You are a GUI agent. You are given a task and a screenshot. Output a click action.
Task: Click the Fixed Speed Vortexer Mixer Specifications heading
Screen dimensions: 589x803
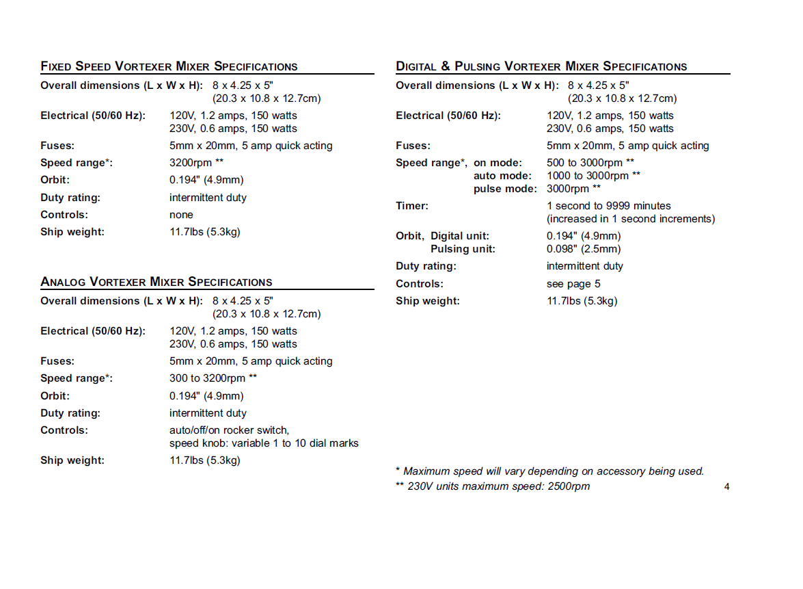(x=169, y=66)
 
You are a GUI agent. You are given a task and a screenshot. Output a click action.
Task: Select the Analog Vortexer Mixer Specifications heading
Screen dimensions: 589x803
(x=156, y=282)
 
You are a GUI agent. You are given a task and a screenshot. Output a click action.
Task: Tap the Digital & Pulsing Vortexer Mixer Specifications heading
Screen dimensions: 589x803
(x=541, y=66)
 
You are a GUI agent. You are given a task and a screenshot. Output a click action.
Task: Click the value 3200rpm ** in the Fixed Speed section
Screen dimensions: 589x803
(x=197, y=163)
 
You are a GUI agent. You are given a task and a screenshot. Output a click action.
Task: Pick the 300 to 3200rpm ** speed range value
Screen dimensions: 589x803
(x=213, y=378)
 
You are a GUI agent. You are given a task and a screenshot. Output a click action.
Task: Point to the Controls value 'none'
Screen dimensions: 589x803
(x=181, y=215)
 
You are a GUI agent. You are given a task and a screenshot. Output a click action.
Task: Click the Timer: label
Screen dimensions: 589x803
(x=412, y=206)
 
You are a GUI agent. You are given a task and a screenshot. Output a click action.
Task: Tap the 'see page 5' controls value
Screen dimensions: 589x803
(x=573, y=284)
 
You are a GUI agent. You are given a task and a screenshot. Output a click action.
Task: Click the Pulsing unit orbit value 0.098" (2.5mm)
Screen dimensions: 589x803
(x=584, y=249)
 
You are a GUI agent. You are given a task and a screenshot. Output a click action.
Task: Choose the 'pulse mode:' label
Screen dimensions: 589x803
(x=505, y=189)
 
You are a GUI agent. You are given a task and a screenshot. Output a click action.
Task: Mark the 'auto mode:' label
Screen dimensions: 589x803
(x=502, y=176)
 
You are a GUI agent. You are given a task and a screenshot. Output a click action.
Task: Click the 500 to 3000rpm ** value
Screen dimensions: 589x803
(x=590, y=163)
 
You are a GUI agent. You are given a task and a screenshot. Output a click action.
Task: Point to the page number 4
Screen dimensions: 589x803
(x=726, y=487)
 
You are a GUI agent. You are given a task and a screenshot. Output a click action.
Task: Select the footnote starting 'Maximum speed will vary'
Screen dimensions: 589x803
(x=549, y=471)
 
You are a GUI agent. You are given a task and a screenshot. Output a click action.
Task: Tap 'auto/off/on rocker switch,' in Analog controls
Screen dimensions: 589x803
(x=229, y=430)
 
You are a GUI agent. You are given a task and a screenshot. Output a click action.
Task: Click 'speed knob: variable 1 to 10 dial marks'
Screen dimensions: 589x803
(x=264, y=443)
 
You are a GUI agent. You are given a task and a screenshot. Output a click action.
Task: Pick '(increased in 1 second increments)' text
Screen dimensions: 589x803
(x=631, y=219)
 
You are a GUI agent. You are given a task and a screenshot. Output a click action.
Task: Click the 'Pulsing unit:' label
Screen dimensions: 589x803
(x=463, y=249)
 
